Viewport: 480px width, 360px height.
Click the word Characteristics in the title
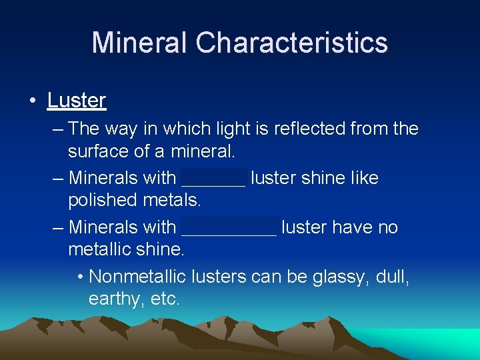pyautogui.click(x=291, y=43)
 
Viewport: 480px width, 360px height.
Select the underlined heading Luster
pyautogui.click(x=77, y=101)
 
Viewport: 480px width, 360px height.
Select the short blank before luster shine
pyautogui.click(x=213, y=179)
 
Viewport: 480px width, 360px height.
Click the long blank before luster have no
pyautogui.click(x=229, y=228)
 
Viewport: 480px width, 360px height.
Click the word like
pyautogui.click(x=363, y=178)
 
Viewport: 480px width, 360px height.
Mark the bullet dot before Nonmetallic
pyautogui.click(x=80, y=276)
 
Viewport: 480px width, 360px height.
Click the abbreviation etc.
pyautogui.click(x=165, y=299)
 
